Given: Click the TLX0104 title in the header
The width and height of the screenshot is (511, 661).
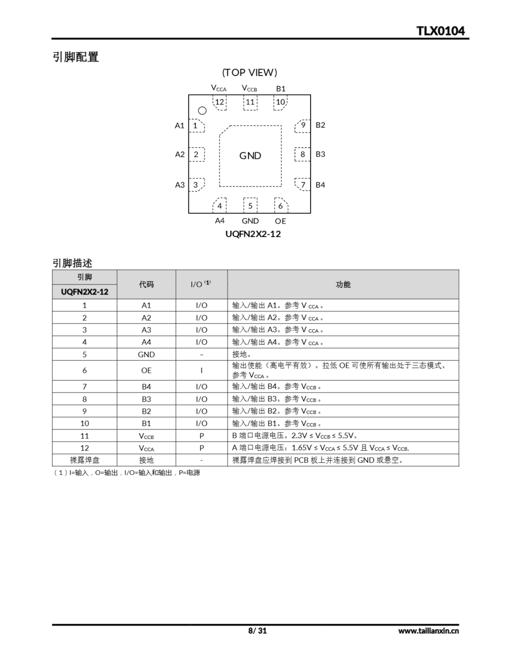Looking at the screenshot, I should (440, 31).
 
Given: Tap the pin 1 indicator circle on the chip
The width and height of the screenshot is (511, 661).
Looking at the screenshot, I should (202, 111).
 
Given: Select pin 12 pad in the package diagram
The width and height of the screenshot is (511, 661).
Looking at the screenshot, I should (220, 102).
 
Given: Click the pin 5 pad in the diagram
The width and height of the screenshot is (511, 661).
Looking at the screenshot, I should (250, 206).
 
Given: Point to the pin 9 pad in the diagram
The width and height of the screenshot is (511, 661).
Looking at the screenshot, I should (303, 125).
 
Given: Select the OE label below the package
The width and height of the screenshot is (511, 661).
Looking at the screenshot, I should (280, 221).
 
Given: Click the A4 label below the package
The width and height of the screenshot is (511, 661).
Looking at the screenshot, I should (220, 221).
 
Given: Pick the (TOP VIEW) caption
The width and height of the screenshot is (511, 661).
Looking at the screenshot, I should (250, 73).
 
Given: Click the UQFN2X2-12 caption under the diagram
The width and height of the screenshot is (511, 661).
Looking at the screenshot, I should (253, 234).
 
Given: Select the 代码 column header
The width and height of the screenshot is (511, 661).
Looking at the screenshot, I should (146, 285).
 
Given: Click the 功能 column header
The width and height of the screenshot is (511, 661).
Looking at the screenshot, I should (343, 285).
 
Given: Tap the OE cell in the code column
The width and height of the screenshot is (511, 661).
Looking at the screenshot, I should (146, 371).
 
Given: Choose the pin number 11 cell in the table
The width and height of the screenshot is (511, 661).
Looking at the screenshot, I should (84, 436).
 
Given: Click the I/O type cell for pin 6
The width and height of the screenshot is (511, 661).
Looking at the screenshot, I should (202, 371).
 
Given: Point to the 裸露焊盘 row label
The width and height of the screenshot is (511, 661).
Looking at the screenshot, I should (84, 460).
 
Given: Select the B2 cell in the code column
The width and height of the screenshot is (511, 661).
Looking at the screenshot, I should (146, 411).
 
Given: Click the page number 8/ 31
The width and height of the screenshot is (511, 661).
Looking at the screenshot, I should (258, 631).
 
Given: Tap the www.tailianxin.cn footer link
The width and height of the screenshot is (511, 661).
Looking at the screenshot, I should (428, 631).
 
